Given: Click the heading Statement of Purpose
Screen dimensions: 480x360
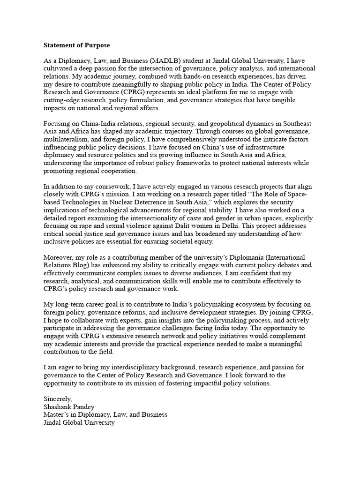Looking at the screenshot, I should (77, 45).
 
